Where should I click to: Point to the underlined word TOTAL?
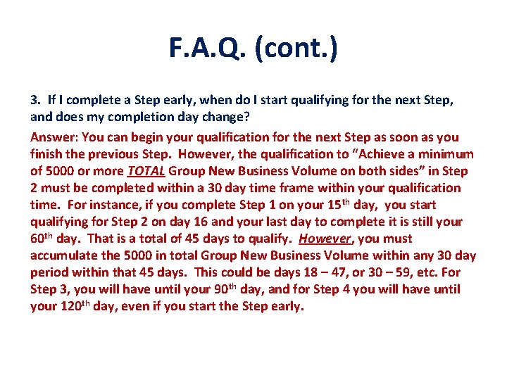pyautogui.click(x=146, y=171)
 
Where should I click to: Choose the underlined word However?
pyautogui.click(x=323, y=239)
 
